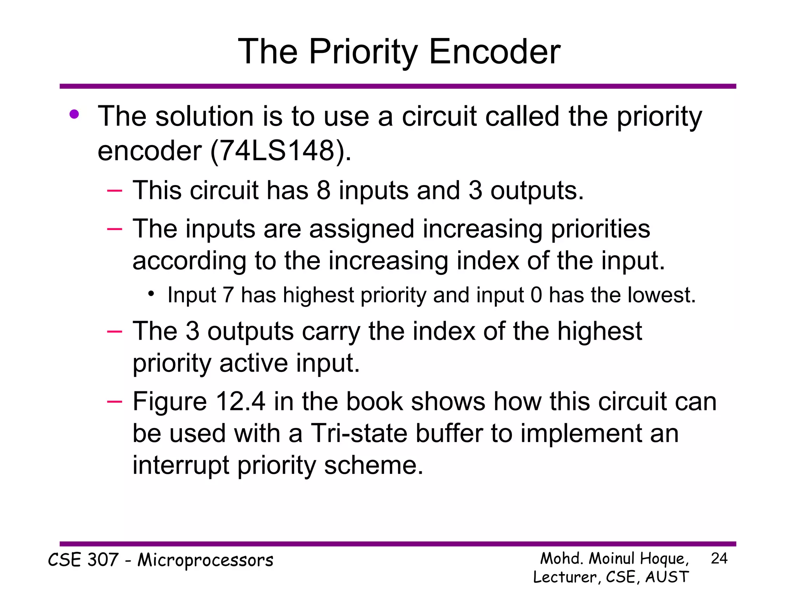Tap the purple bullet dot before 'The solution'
(x=74, y=114)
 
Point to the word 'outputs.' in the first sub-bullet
(x=537, y=190)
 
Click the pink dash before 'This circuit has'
(x=115, y=190)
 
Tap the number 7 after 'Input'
(x=228, y=295)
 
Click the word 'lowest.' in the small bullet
(x=661, y=295)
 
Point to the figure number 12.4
(x=241, y=401)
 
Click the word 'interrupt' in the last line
(x=181, y=465)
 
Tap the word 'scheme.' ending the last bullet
(x=374, y=465)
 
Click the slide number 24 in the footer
(x=719, y=559)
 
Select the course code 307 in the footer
(x=103, y=560)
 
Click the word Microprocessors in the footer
(x=206, y=560)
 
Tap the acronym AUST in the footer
(x=667, y=577)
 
